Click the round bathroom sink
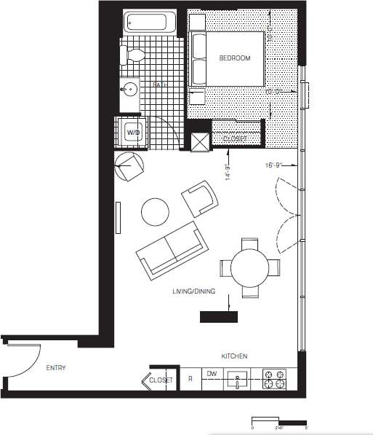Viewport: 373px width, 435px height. pos(130,90)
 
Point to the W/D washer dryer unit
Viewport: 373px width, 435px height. pos(133,133)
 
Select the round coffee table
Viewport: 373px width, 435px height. pos(155,212)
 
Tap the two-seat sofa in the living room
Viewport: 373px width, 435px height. pos(172,250)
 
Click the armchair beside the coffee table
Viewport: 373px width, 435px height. pos(200,197)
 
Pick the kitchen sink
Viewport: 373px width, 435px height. pos(237,380)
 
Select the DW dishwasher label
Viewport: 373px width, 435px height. pos(212,374)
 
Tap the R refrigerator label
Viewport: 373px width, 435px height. pos(190,379)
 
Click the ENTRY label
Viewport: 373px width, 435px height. pos(55,368)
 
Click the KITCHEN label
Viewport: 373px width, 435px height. pos(234,356)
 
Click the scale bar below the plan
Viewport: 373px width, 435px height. pos(279,420)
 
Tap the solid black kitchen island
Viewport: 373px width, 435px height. pos(219,317)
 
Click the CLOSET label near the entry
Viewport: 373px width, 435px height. pos(160,380)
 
